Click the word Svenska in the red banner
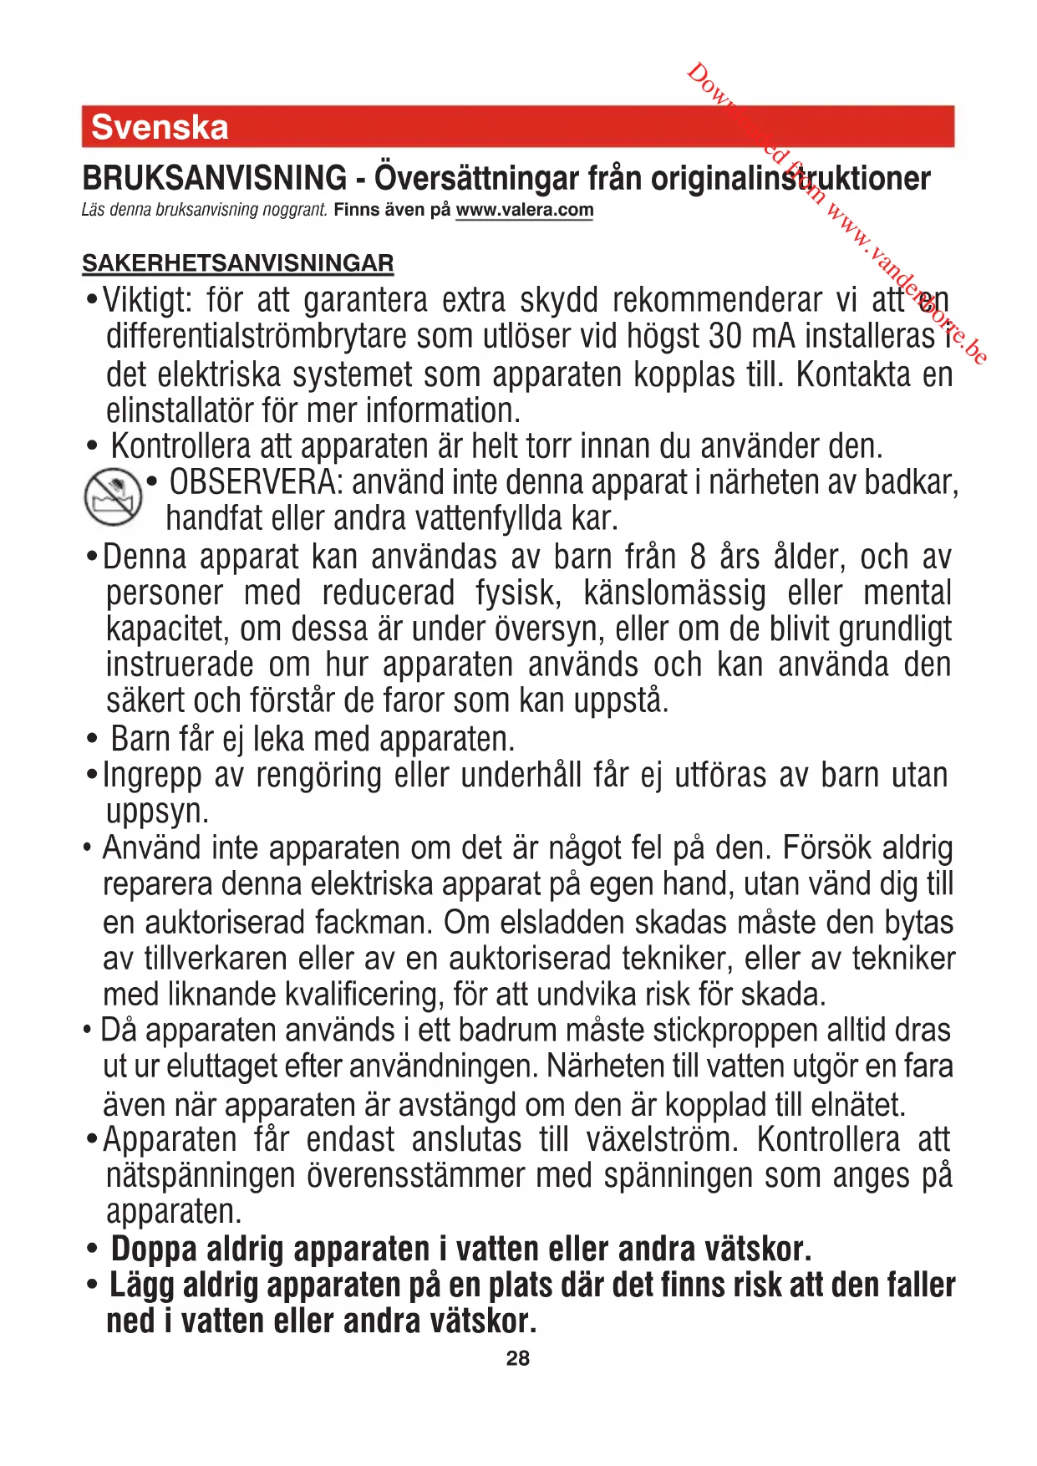(160, 127)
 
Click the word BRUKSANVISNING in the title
(214, 178)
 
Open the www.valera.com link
(524, 210)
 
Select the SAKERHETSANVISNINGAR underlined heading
(237, 263)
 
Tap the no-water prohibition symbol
(113, 497)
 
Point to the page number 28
(518, 1358)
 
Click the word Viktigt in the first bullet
(147, 300)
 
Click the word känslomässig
(674, 593)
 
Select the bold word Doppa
(154, 1250)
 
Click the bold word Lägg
(141, 1285)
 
